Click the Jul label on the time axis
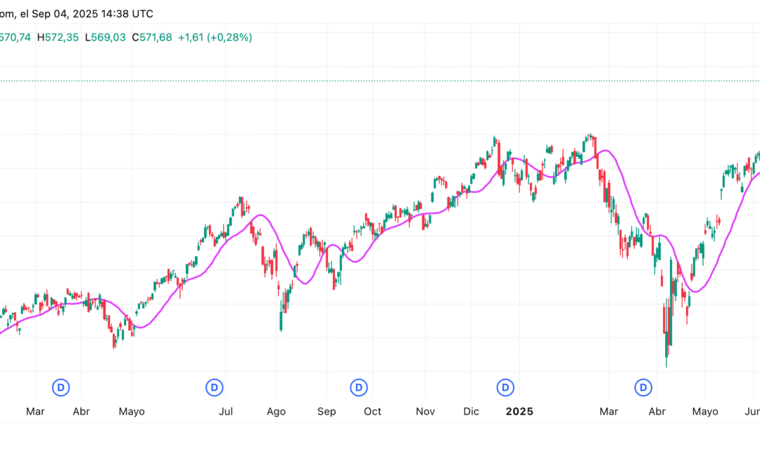pos(226,412)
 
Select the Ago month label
pos(277,412)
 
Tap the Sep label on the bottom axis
pos(327,412)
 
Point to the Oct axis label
pos(373,412)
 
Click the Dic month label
pos(471,412)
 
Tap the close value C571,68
pos(151,37)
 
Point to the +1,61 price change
pos(191,37)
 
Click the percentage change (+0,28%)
pos(230,37)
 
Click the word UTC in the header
pos(141,13)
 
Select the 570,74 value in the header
pos(15,37)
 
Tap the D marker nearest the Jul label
pos(215,386)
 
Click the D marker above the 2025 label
pos(505,386)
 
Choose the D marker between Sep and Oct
pos(359,386)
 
